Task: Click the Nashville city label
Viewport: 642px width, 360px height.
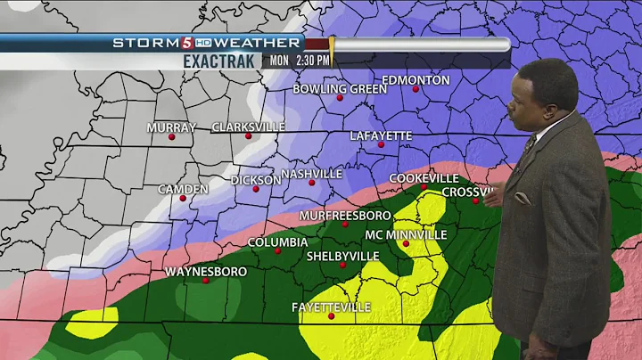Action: (x=311, y=174)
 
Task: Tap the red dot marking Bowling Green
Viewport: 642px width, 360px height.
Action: (x=340, y=98)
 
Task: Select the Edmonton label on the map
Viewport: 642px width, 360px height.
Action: (x=416, y=80)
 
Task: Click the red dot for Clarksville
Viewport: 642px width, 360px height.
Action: (x=249, y=137)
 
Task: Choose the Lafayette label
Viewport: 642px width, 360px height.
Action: (x=381, y=135)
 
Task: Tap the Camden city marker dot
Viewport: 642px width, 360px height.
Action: (x=183, y=198)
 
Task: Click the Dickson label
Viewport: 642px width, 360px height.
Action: (x=256, y=180)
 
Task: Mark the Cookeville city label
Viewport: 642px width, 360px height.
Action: (x=423, y=178)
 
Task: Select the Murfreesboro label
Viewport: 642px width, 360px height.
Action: (x=345, y=216)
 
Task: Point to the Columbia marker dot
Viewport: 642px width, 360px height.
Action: (x=277, y=250)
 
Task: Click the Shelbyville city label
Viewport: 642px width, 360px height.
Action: (x=342, y=256)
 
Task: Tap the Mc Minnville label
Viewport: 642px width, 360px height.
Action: (x=406, y=235)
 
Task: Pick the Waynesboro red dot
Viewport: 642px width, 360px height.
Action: (x=205, y=281)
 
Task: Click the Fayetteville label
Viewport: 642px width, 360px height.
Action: (x=331, y=307)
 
